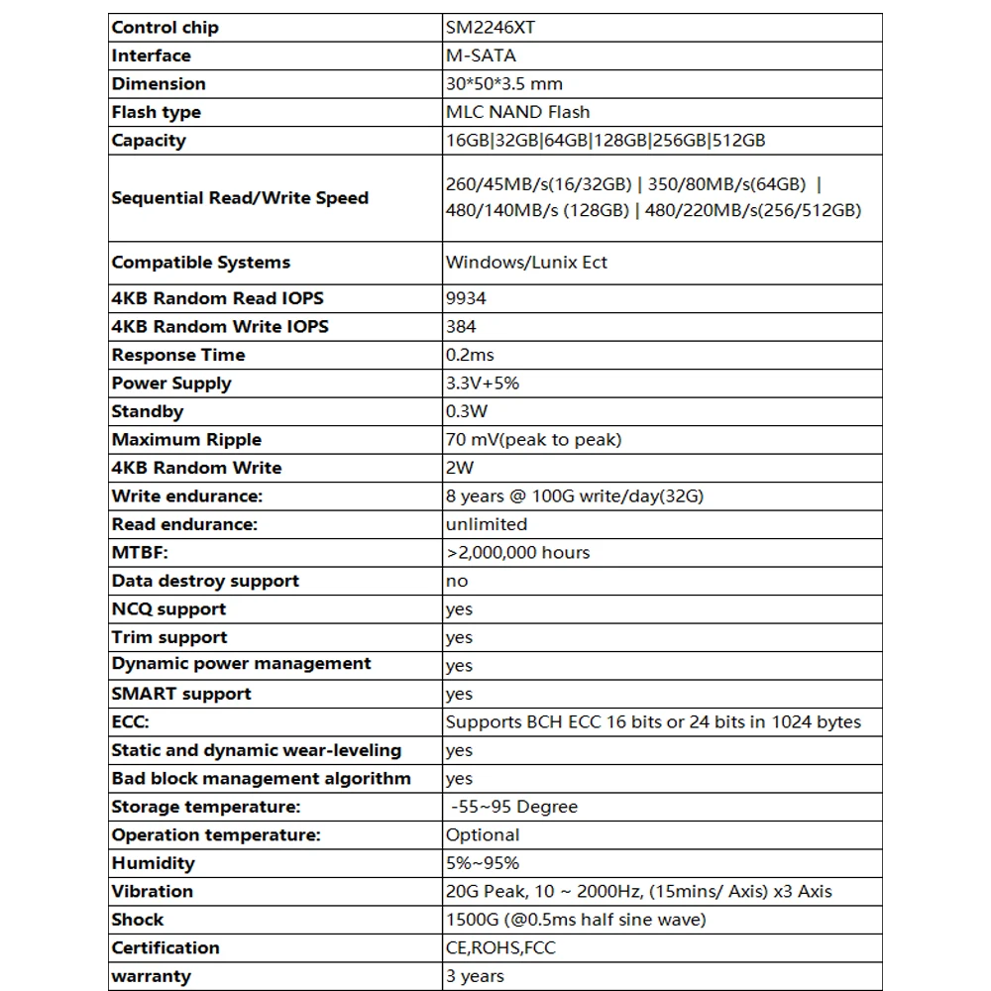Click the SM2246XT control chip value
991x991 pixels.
pos(491,28)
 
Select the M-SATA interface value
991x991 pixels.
pos(481,55)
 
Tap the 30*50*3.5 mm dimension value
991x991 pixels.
pos(504,84)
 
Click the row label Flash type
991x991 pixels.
pos(157,112)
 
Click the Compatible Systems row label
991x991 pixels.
pos(201,263)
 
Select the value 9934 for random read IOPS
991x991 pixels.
pos(466,298)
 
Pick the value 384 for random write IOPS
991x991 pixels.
pos(461,326)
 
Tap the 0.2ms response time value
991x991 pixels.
pos(470,355)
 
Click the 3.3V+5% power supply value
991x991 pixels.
pos(483,384)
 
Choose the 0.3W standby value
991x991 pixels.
pos(467,411)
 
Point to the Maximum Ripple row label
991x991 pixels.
pos(186,440)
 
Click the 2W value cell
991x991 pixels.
pos(460,468)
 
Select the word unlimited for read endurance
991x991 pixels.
pos(487,524)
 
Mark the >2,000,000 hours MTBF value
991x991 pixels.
pos(517,553)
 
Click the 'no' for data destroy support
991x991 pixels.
pos(457,582)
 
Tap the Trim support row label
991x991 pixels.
pos(169,637)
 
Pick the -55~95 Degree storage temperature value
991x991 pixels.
pos(513,807)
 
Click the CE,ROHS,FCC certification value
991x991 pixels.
pos(500,948)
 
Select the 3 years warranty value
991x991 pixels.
pos(475,976)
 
